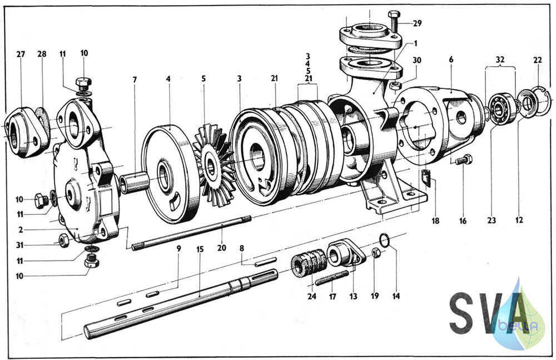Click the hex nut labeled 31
click(x=63, y=240)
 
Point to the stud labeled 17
click(x=332, y=278)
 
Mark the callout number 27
click(x=21, y=55)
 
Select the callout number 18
click(x=435, y=220)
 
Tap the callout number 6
click(x=451, y=59)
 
